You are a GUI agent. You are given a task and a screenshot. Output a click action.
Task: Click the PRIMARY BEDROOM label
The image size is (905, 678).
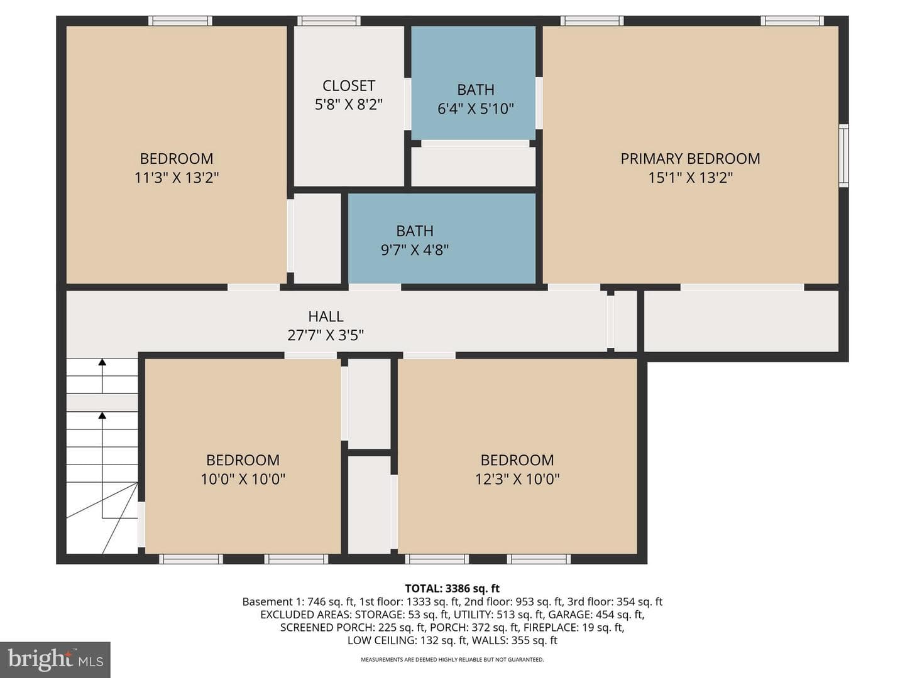690,158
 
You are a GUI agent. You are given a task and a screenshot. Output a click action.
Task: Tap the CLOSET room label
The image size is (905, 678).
349,85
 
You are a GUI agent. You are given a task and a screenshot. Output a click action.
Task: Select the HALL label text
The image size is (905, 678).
326,316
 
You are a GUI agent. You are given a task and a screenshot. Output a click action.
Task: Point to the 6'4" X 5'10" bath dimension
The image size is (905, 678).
475,109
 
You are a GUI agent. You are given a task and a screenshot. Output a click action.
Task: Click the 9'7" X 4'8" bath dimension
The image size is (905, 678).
415,250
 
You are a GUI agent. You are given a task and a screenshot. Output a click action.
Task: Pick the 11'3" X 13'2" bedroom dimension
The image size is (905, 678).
177,178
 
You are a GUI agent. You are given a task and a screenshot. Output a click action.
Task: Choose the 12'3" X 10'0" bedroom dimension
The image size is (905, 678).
517,479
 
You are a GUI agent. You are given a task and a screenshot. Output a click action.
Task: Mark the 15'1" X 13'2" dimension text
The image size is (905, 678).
691,178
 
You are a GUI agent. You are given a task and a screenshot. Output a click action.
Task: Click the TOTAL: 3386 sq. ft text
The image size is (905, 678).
452,589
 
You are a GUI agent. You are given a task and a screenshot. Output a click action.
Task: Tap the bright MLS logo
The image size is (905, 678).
55,659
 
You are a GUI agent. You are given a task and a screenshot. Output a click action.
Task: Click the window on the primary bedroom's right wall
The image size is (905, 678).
843,155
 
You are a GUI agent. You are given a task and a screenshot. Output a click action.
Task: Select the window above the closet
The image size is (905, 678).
329,21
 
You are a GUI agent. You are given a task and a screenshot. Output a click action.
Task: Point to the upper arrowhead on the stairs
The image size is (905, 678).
102,362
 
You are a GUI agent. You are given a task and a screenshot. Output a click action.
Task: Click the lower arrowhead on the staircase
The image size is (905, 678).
102,416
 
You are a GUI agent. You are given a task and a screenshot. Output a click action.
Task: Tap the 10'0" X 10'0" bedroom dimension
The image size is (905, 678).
243,479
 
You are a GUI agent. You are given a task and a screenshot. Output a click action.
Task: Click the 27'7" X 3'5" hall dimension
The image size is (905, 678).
326,335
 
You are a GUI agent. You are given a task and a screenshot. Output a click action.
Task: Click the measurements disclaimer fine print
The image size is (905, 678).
452,659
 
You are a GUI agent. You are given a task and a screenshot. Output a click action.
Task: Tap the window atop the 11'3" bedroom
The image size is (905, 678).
180,21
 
